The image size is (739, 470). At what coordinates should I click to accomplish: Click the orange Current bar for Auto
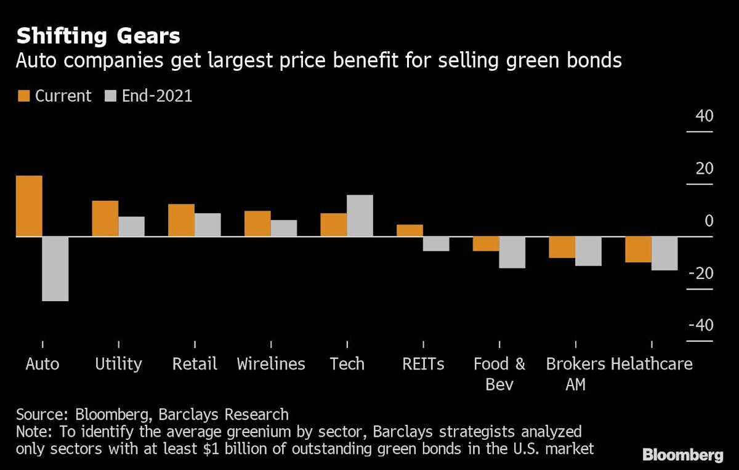[29, 206]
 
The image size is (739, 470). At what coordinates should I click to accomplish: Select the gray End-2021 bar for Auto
[55, 269]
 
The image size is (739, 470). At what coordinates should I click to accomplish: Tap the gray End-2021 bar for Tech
[360, 216]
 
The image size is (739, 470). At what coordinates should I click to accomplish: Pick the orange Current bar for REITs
[410, 230]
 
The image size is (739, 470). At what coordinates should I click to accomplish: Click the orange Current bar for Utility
[105, 218]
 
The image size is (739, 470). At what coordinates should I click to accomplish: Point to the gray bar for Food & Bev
[512, 253]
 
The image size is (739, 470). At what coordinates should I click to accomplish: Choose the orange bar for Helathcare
[638, 249]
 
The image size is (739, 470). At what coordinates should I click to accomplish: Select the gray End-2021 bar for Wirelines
[283, 228]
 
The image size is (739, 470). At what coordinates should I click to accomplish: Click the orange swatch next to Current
[23, 96]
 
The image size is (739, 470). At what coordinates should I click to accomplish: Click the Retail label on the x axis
[195, 363]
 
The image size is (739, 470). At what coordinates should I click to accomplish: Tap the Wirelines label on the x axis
[271, 363]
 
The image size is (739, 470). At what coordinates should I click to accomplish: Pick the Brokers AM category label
[575, 374]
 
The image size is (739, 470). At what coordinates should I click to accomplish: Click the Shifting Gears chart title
[98, 36]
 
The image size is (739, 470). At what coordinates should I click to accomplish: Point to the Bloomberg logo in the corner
[682, 455]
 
